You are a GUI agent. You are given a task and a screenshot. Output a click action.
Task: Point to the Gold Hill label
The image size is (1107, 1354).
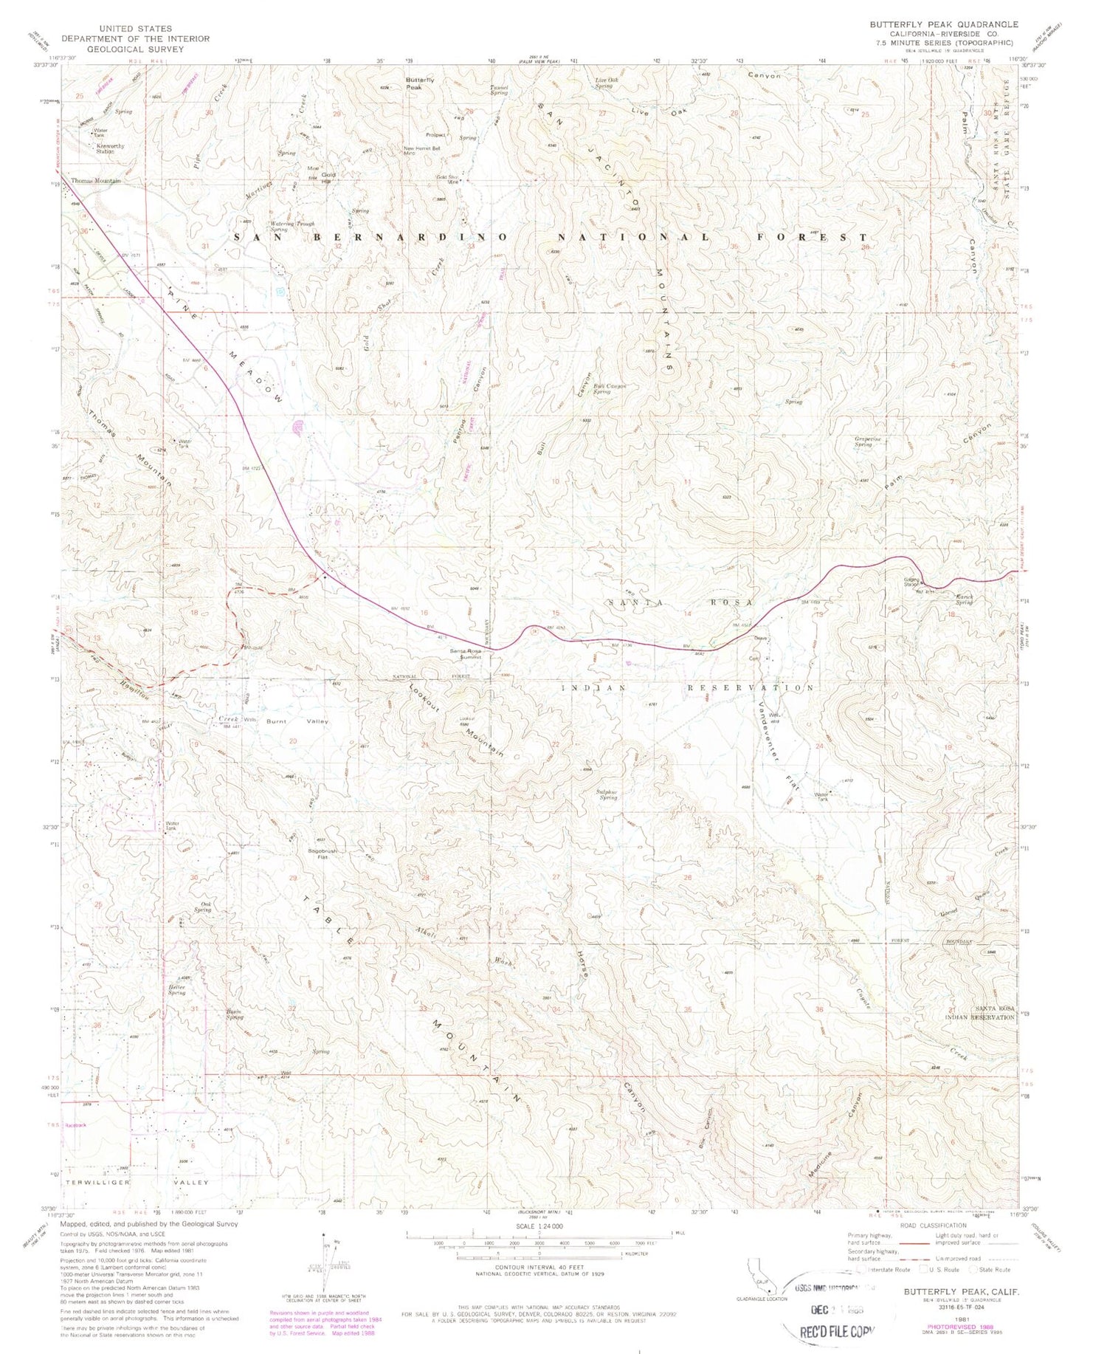[x=328, y=177]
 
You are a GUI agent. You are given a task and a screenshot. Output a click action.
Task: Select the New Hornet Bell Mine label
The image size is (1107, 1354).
[x=421, y=151]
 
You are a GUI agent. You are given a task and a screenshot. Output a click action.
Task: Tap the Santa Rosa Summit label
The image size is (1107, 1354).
[x=466, y=653]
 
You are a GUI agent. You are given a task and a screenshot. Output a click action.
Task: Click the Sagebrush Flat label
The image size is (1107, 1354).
[x=323, y=854]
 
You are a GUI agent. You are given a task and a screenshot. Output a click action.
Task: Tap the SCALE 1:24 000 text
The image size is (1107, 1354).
[x=539, y=1226]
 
